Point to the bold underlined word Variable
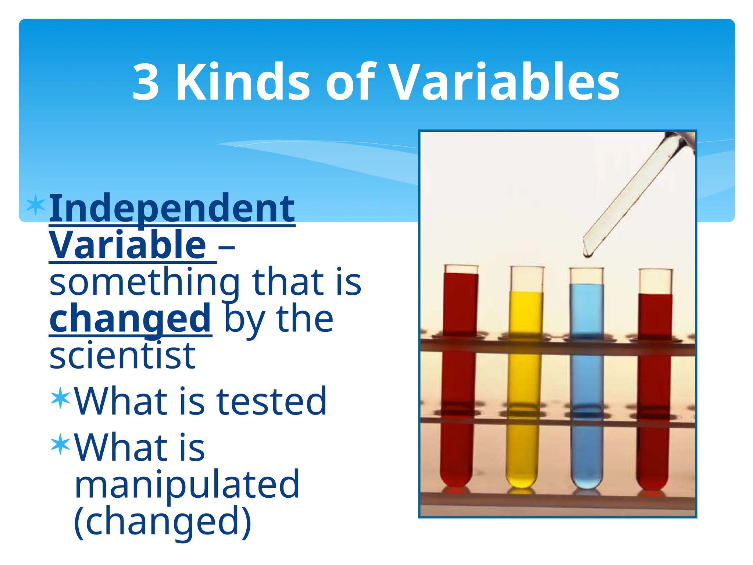click(x=128, y=245)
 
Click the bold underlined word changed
click(x=131, y=319)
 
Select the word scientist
click(x=122, y=356)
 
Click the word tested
click(x=271, y=402)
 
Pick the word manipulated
click(x=187, y=485)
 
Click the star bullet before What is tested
click(x=61, y=398)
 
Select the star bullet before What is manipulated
click(x=61, y=444)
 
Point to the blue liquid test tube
click(x=586, y=383)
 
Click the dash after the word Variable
click(x=226, y=247)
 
